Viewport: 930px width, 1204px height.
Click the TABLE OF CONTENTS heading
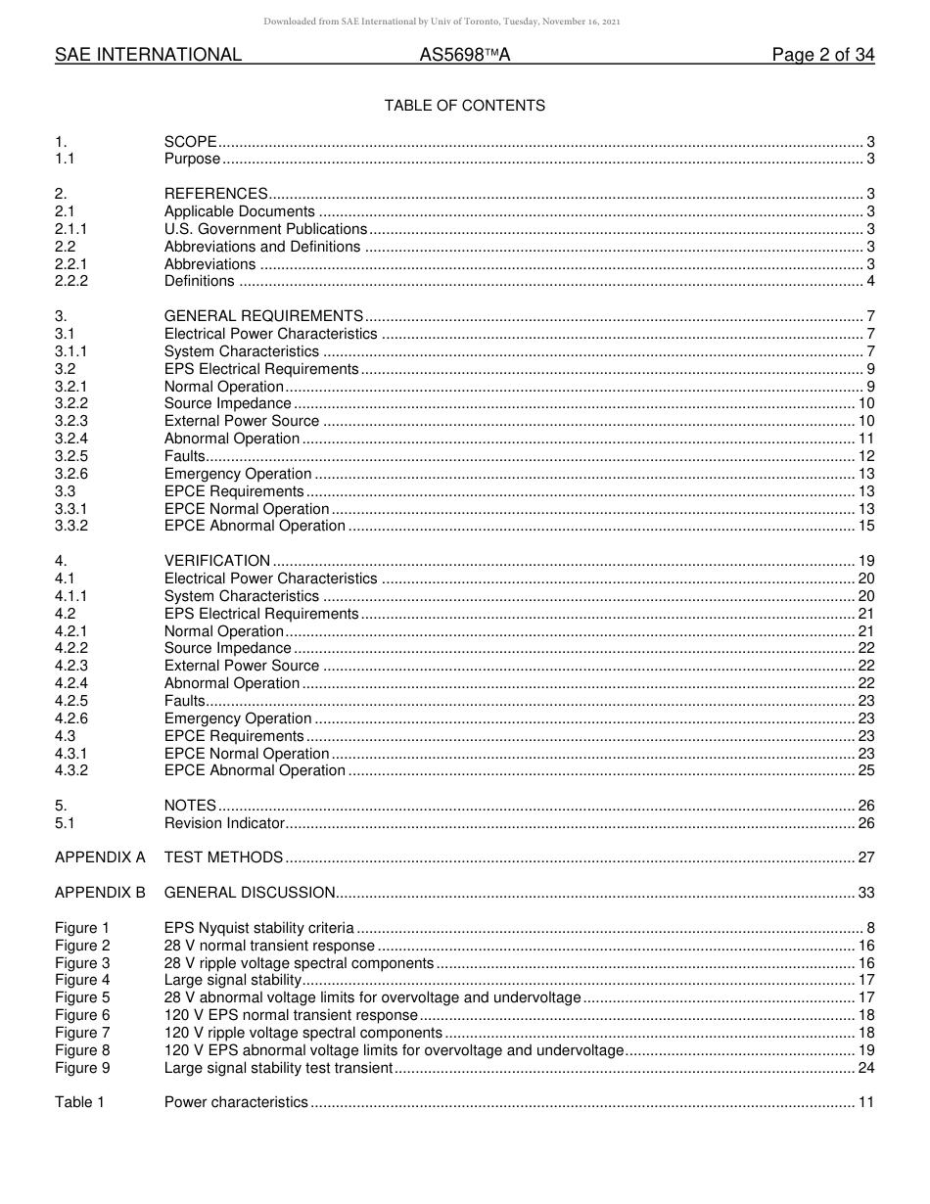[x=464, y=106]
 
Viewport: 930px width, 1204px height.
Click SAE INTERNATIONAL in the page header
[x=148, y=56]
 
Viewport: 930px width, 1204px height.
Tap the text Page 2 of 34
[x=822, y=56]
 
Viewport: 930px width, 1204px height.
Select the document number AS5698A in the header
[x=464, y=56]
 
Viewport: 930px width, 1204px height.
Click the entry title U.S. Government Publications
[x=265, y=229]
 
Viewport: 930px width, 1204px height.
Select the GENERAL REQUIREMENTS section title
[x=263, y=316]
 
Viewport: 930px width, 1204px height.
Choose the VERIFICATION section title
[x=216, y=561]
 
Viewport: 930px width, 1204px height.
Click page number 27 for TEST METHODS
[x=865, y=857]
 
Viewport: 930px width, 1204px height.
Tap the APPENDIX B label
[x=100, y=893]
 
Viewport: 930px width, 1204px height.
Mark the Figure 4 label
[x=82, y=980]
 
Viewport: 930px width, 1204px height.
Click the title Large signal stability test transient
[x=278, y=1068]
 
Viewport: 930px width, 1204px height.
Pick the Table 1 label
[x=79, y=1102]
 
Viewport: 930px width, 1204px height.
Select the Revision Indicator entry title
[x=224, y=823]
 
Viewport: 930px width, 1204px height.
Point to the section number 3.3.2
[x=71, y=527]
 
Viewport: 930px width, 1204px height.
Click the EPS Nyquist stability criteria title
[x=258, y=928]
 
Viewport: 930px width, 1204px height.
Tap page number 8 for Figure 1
[x=869, y=928]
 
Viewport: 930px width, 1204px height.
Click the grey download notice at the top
[x=442, y=22]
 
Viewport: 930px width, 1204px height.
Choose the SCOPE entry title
[x=190, y=142]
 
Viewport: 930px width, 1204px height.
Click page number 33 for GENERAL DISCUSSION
[x=865, y=893]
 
